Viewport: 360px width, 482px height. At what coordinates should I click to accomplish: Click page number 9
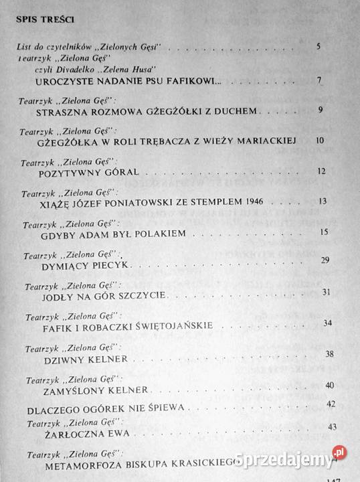click(321, 110)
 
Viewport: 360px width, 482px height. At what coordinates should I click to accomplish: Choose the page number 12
click(322, 171)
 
